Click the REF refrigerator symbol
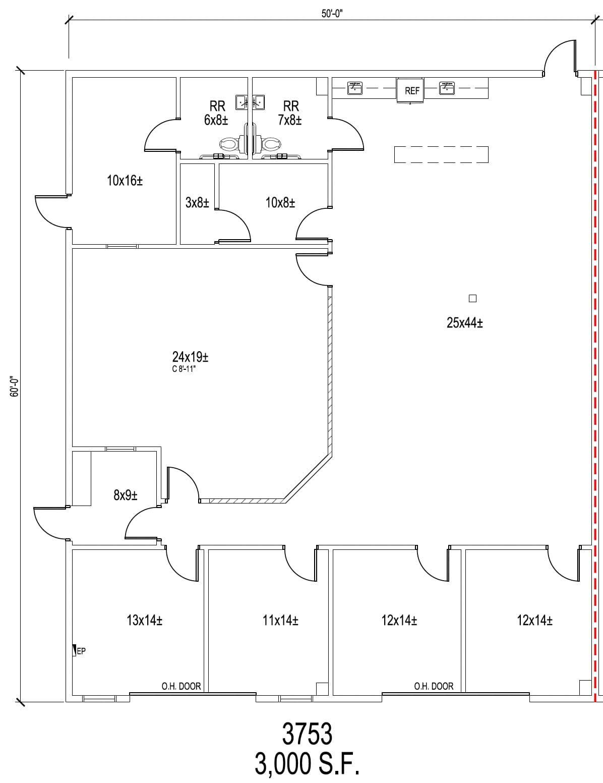[411, 91]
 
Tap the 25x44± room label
[464, 323]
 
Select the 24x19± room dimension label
[190, 357]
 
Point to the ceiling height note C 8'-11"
[190, 369]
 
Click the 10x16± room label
[125, 180]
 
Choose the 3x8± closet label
[197, 203]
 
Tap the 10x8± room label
[280, 203]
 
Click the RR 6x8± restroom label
[217, 113]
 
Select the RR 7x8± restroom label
[290, 113]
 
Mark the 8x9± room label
[126, 495]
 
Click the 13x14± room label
[144, 620]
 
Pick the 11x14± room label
[280, 620]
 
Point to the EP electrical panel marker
[79, 651]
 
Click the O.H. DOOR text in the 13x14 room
[181, 686]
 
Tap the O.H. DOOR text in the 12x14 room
[434, 686]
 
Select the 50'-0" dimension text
[332, 14]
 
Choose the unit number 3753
[307, 734]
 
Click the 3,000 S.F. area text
[307, 765]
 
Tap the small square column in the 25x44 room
[472, 298]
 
